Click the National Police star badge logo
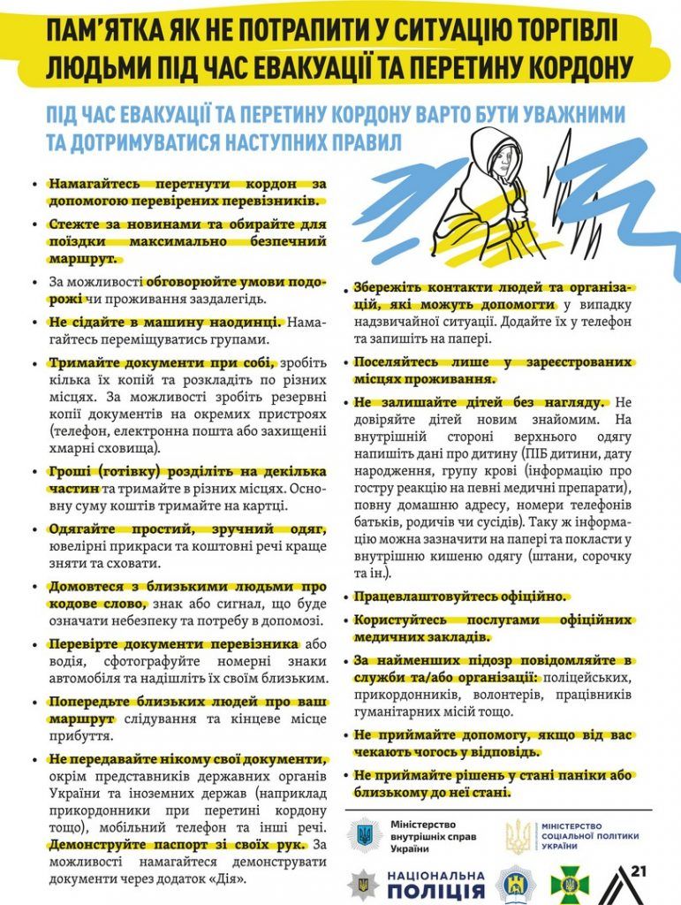click(x=362, y=883)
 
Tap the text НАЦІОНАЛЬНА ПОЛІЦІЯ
click(x=435, y=883)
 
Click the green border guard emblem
click(x=565, y=884)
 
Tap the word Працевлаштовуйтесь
click(x=421, y=597)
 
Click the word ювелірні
click(x=79, y=546)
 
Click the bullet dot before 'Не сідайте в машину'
click(x=34, y=323)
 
